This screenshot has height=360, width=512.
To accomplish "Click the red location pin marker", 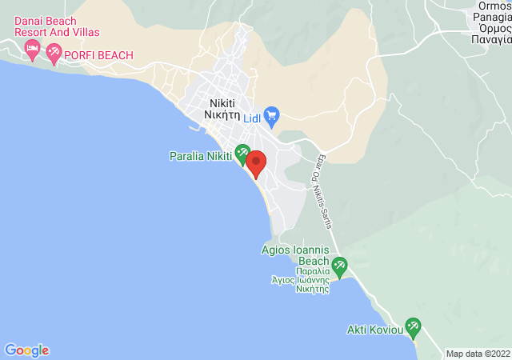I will (256, 162).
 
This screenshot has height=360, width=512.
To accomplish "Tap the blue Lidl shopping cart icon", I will (271, 115).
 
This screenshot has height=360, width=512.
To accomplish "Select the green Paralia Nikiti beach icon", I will (242, 149).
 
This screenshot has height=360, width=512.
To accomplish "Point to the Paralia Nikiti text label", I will (200, 155).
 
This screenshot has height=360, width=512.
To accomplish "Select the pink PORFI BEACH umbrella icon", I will (54, 54).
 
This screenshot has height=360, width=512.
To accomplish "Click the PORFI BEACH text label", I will (99, 55).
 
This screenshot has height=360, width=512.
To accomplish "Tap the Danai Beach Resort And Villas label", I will (57, 26).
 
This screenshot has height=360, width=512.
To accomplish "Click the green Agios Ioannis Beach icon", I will (339, 264).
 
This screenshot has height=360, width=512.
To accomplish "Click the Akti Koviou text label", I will (374, 330).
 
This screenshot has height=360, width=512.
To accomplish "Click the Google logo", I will (26, 350).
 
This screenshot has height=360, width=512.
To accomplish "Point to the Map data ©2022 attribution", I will (478, 354).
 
